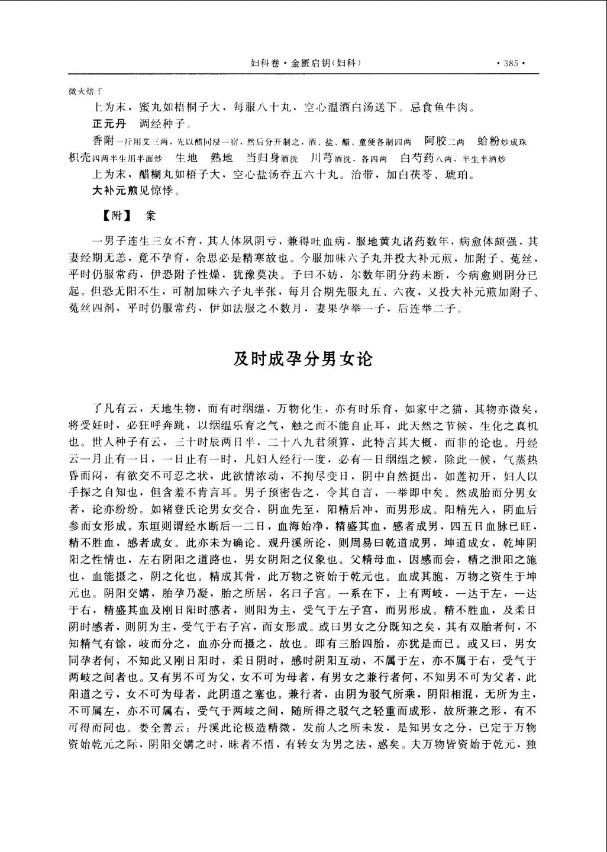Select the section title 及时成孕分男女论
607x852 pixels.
pyautogui.click(x=303, y=359)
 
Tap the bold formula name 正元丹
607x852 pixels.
pyautogui.click(x=109, y=124)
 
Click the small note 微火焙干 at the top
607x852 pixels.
pyautogui.click(x=86, y=92)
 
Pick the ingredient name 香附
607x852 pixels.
pyautogui.click(x=102, y=141)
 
